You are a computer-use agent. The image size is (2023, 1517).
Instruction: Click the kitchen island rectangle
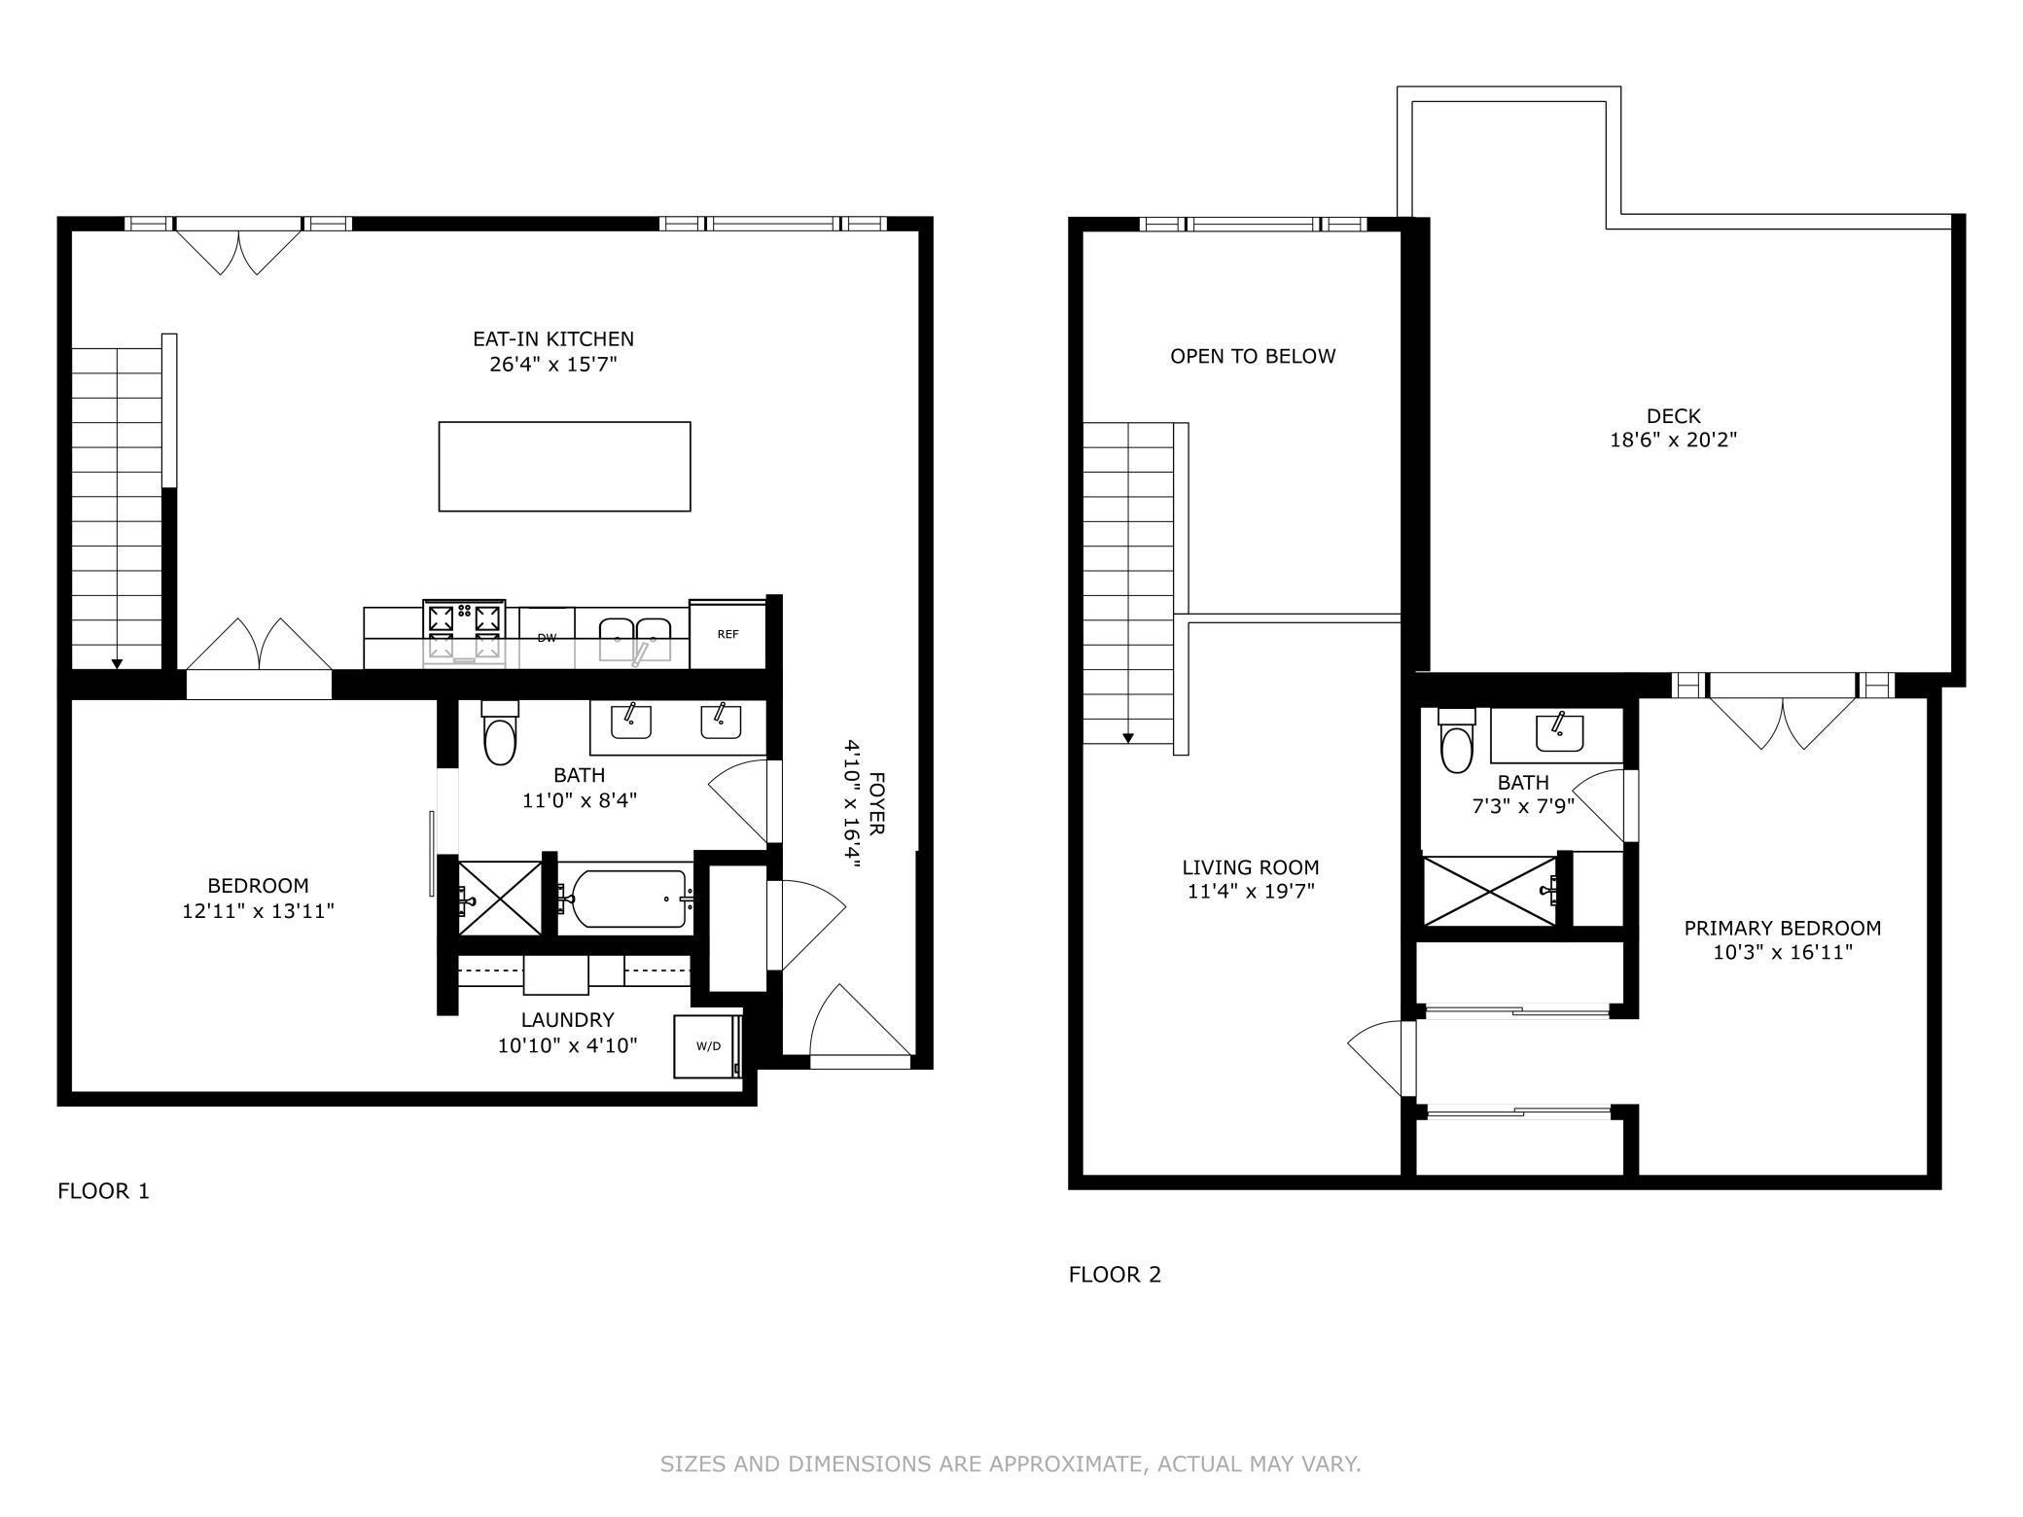coord(564,466)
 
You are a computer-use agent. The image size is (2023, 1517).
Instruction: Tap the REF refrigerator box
coord(728,634)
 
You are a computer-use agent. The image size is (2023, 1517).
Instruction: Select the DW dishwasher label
coord(547,638)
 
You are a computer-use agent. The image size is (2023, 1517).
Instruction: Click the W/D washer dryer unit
coord(708,1046)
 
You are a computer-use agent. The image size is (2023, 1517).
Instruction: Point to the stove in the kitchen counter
coord(464,632)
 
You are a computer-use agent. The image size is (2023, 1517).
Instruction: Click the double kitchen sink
coord(634,636)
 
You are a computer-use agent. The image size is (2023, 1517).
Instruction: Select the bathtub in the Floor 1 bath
coord(627,900)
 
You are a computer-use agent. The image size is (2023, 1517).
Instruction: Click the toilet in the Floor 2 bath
coord(1456,744)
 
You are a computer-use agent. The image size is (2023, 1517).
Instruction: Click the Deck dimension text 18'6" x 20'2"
coord(1673,440)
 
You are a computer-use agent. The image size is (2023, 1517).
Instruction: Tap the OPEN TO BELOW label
coord(1253,356)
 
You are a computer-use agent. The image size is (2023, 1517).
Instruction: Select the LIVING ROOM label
coord(1251,867)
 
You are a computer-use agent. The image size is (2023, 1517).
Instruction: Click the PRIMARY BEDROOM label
coord(1782,928)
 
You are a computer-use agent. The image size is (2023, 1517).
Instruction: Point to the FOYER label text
coord(876,803)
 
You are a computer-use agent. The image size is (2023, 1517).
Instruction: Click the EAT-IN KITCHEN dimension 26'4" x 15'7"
coord(552,365)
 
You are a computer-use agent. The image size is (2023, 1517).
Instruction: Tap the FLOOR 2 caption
coord(1115,1274)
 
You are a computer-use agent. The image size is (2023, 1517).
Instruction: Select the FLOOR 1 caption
coord(103,1190)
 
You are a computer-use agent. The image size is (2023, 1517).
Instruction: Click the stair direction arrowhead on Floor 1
coord(117,663)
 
